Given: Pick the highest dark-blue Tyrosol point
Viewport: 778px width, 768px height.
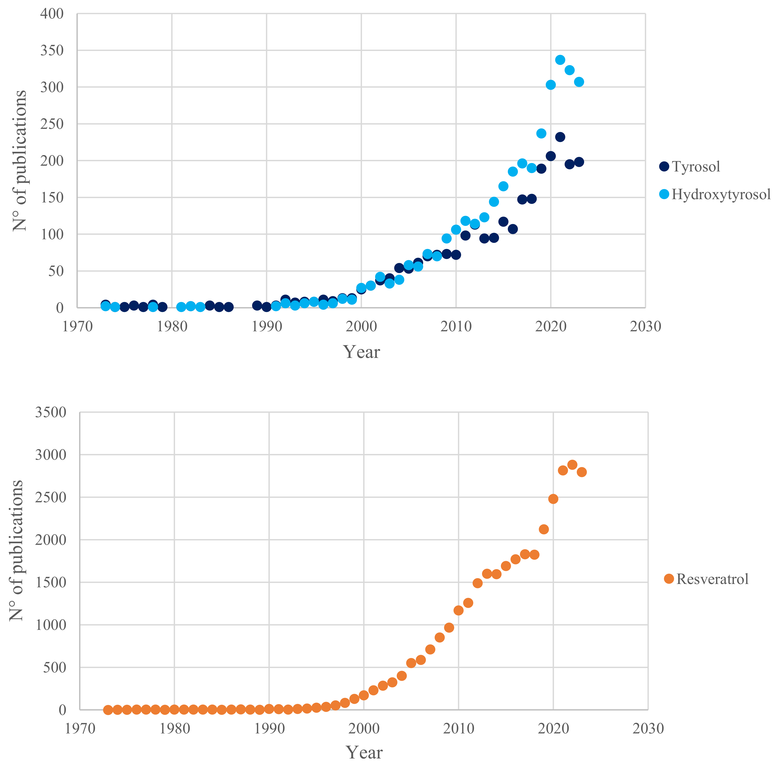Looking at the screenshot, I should [560, 137].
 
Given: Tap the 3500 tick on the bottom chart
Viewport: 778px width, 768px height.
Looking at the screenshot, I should [50, 412].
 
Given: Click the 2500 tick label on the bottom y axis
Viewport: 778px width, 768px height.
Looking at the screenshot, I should [50, 497].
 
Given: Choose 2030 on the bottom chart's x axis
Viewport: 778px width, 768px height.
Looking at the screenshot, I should [648, 729].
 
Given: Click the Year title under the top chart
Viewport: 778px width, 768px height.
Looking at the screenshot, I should [361, 352].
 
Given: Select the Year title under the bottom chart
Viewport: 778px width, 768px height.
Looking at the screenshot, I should [364, 752].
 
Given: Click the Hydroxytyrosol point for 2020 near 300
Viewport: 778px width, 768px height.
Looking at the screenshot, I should [550, 84].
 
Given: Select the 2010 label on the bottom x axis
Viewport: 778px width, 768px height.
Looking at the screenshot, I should [458, 729].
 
